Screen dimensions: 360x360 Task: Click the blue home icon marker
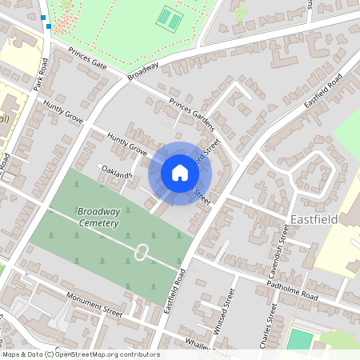(x=180, y=173)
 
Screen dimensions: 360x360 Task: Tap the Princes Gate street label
(x=87, y=58)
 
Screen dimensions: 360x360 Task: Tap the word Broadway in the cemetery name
(x=98, y=212)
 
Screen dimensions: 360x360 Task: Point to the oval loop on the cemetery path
(x=141, y=253)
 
